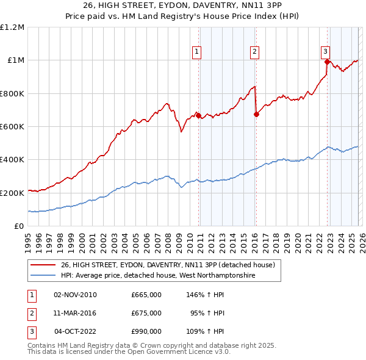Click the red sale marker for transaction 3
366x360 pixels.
point(327,62)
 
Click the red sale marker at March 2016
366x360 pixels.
point(256,114)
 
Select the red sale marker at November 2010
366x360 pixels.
point(198,115)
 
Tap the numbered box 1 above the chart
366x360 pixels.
point(197,52)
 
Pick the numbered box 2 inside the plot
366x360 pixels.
point(254,52)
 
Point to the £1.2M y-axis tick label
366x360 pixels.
point(12,27)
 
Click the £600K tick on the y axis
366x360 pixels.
point(12,127)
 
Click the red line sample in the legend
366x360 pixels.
point(43,265)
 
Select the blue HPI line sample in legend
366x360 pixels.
point(43,276)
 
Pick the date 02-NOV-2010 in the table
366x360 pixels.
point(74,295)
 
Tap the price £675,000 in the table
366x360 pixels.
point(146,313)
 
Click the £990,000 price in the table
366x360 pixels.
point(146,331)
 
